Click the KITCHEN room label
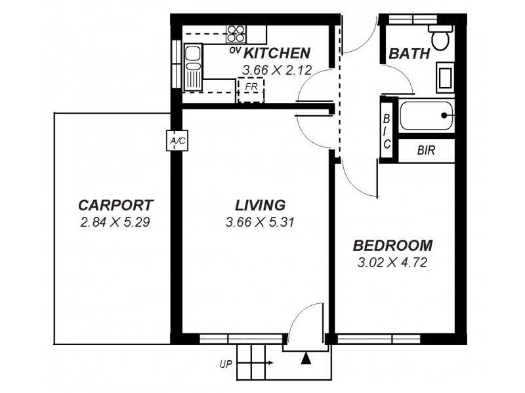point(277,53)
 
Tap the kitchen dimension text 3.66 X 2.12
point(276,69)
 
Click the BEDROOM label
point(392,246)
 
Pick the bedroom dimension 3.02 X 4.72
point(392,264)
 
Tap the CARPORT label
point(115,204)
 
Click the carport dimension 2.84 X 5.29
point(115,222)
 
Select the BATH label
point(409,54)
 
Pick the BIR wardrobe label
point(426,151)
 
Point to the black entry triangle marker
point(304,358)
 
